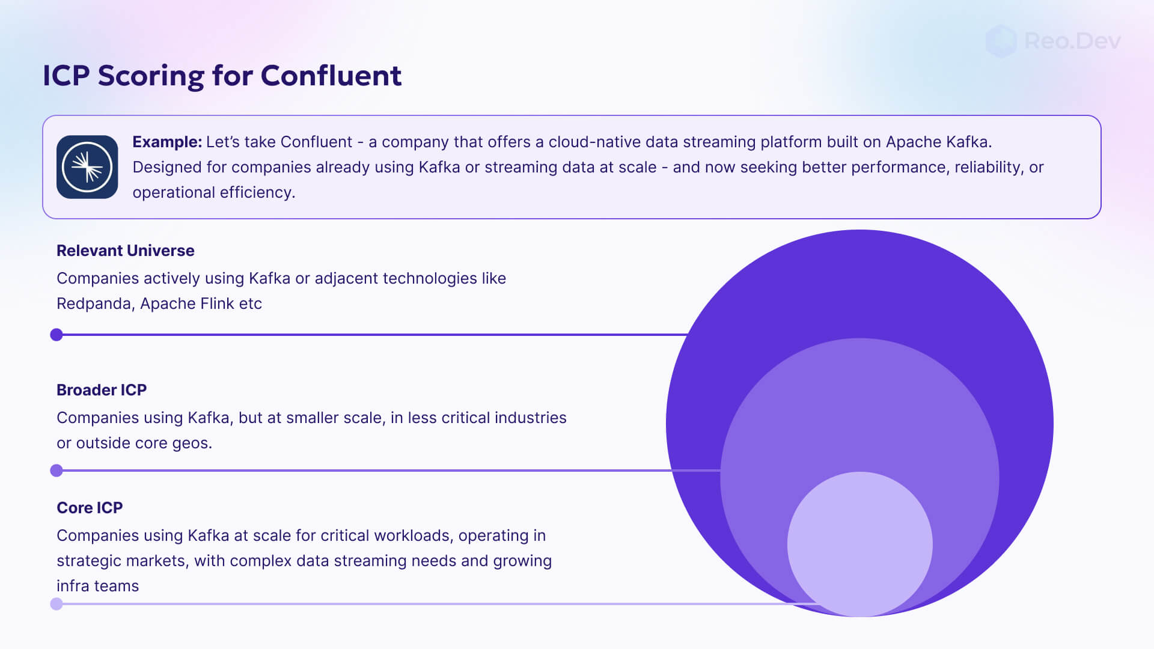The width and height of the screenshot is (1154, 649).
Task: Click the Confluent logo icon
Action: [x=87, y=167]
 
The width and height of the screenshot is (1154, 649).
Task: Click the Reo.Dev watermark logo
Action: [x=1053, y=41]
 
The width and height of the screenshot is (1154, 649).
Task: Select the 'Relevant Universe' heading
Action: [x=125, y=251]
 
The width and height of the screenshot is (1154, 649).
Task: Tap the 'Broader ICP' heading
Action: [x=102, y=390]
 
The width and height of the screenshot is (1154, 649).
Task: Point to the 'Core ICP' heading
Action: [x=90, y=508]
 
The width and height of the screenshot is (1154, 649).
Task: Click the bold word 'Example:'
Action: [x=167, y=142]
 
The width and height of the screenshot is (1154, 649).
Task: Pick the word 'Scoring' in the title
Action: [x=150, y=76]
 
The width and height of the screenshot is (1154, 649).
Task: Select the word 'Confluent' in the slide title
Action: [x=331, y=76]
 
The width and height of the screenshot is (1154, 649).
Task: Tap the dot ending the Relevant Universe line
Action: [x=56, y=335]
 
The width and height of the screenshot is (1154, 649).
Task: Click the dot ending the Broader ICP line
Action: [x=56, y=471]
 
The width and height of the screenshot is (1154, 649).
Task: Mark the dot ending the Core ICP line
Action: [x=56, y=604]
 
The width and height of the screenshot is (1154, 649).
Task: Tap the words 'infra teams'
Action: [x=97, y=586]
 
